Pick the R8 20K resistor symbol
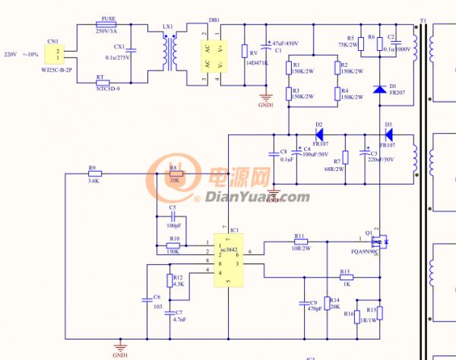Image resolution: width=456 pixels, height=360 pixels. click(x=174, y=174)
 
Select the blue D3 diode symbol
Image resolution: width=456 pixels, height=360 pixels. click(x=388, y=134)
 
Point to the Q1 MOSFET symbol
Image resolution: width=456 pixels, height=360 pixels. click(x=381, y=240)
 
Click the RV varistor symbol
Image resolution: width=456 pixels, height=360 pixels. click(x=245, y=52)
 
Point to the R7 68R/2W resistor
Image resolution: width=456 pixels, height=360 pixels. click(x=345, y=157)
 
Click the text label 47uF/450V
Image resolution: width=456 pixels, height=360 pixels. click(x=286, y=43)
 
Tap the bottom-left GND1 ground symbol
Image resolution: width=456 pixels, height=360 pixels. click(x=119, y=346)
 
